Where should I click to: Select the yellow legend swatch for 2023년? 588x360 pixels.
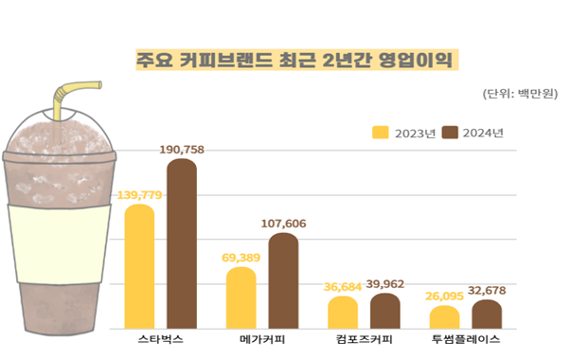click(x=383, y=132)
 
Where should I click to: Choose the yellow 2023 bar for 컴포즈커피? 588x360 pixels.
click(x=343, y=313)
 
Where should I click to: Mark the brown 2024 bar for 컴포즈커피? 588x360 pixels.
click(x=384, y=311)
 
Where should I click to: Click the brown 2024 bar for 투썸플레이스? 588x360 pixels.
click(x=486, y=315)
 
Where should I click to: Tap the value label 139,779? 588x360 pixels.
click(x=140, y=195)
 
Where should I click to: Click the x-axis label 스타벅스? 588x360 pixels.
click(x=160, y=339)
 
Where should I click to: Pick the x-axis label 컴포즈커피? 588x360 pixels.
click(x=364, y=339)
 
